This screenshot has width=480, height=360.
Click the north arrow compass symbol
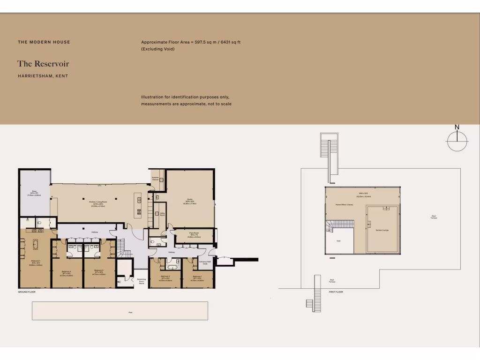tap(457, 140)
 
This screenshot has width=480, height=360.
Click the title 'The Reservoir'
tap(43, 64)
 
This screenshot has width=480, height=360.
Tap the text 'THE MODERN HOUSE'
tap(44, 42)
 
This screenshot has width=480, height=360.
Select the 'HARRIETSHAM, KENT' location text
tap(43, 76)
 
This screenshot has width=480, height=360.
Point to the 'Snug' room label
tap(34, 192)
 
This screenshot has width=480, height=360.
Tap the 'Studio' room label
tap(190, 200)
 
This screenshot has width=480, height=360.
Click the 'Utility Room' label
tap(162, 214)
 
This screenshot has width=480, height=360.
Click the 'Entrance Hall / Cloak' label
tap(205, 262)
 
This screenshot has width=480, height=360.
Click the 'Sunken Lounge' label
tap(382, 230)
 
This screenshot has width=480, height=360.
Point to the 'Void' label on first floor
tap(339, 241)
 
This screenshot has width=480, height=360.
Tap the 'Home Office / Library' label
tap(344, 205)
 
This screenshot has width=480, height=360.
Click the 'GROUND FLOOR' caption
tap(27, 292)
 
